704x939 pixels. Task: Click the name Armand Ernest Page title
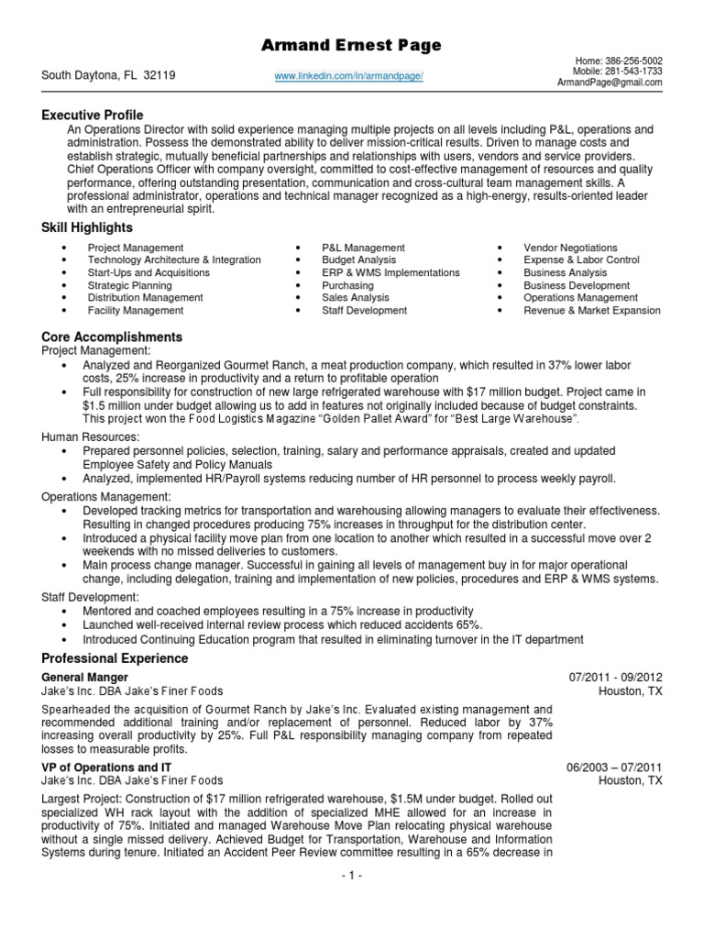(x=352, y=45)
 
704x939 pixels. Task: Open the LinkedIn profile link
(x=348, y=76)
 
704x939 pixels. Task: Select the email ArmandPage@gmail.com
(x=610, y=83)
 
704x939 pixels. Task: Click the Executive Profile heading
(x=92, y=115)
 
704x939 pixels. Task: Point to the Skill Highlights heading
(x=87, y=227)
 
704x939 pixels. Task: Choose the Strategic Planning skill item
(x=129, y=285)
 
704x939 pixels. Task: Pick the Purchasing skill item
(x=347, y=285)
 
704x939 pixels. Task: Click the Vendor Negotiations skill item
(x=570, y=248)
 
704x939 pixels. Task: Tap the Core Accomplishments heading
(x=112, y=337)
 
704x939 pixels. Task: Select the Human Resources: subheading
(x=90, y=436)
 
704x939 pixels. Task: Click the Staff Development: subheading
(x=90, y=597)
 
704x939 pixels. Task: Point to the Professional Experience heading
(x=115, y=658)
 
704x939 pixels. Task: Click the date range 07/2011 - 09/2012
(x=615, y=678)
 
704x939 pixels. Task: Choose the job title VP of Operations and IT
(x=106, y=767)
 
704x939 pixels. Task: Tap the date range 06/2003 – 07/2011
(x=615, y=767)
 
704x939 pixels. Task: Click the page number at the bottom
(x=351, y=876)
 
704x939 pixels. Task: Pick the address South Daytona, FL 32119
(x=108, y=76)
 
